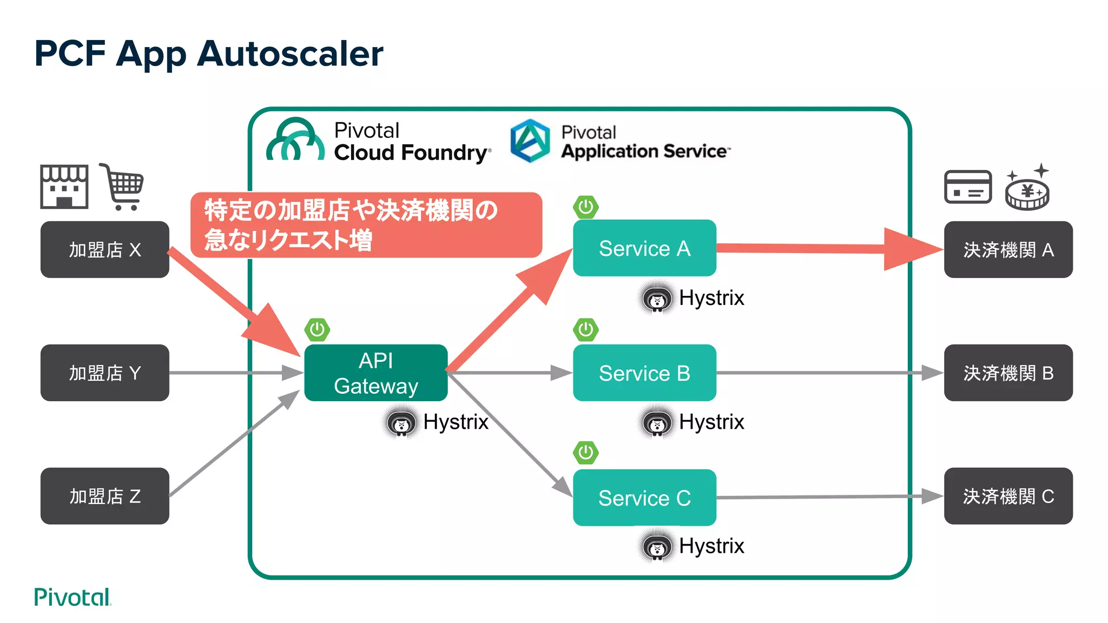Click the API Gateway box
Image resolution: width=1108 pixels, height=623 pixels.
click(375, 373)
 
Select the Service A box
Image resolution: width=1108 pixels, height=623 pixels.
click(644, 248)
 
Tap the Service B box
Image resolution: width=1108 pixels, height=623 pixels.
click(644, 373)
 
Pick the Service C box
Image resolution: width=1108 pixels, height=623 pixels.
click(644, 498)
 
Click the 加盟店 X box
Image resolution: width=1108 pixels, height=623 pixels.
click(104, 249)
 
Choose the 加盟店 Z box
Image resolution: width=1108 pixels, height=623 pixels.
click(104, 496)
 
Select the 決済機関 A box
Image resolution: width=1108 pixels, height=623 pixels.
click(1008, 249)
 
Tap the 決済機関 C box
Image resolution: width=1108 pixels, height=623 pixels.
click(1008, 496)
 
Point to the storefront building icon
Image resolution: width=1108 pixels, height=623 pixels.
click(64, 187)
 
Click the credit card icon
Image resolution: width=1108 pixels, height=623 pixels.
click(967, 187)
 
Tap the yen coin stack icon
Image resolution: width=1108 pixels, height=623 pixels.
click(1027, 190)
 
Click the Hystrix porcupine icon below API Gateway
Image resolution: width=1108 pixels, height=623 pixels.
click(401, 423)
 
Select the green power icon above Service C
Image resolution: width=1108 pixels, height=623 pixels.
click(586, 453)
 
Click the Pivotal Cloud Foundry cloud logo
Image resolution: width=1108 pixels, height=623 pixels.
click(295, 141)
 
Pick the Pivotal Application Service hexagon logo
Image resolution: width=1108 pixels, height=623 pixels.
click(530, 141)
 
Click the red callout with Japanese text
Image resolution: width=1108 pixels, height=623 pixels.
click(366, 224)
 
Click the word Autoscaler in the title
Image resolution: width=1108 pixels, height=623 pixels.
click(290, 54)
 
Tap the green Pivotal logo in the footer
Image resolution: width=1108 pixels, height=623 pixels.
click(72, 597)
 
